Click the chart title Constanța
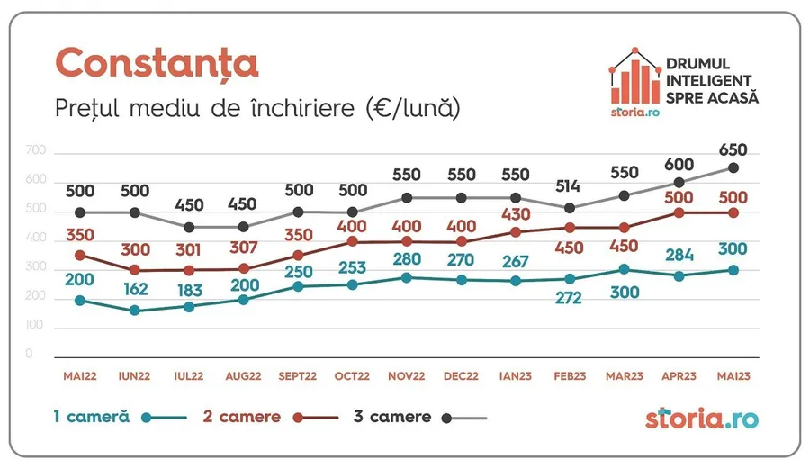[157, 63]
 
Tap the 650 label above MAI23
[733, 150]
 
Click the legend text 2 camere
[238, 417]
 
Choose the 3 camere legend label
[391, 417]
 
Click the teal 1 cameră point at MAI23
[733, 270]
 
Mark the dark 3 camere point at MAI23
[733, 167]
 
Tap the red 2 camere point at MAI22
[80, 256]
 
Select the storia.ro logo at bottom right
[702, 418]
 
